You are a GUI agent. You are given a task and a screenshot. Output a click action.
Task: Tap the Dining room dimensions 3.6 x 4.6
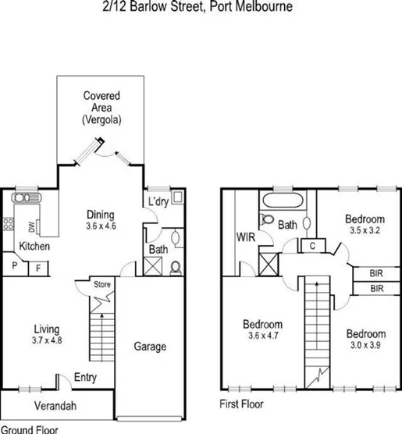coord(101,227)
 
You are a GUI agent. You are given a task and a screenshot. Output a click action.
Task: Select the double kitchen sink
coord(25,199)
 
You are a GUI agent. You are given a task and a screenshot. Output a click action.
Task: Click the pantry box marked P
coord(15,267)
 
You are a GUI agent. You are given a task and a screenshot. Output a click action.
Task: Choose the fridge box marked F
coord(39,267)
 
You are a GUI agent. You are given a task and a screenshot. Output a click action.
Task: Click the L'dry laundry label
coord(158,202)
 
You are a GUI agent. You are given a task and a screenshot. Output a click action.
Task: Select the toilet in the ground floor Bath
coord(176,266)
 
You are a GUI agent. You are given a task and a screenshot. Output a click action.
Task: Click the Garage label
coord(150,347)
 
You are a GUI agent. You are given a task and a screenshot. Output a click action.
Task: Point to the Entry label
coord(85,378)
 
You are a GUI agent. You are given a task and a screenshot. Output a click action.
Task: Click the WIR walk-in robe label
coord(246,237)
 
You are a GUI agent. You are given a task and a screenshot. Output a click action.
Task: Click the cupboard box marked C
coord(311,245)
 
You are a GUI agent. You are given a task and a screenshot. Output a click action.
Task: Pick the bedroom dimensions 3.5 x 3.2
coord(365,232)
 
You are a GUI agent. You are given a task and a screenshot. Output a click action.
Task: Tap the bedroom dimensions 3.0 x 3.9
coord(365,346)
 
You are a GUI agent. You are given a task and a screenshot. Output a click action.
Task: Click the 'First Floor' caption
coord(242,404)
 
